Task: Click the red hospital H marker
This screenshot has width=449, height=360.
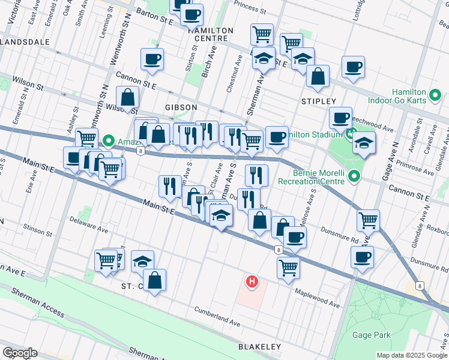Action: [x=252, y=281]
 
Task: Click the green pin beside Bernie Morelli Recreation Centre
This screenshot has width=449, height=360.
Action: [x=354, y=176]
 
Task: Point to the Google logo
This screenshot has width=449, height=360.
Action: [x=20, y=353]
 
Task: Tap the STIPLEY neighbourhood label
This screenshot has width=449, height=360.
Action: [x=318, y=101]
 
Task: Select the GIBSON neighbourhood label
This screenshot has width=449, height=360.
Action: [x=181, y=107]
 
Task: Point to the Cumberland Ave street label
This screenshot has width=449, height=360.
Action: [x=216, y=317]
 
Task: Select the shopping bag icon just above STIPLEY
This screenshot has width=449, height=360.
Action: [x=318, y=76]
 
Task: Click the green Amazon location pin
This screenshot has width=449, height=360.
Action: [x=109, y=141]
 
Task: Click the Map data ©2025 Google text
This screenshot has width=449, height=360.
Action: [x=411, y=355]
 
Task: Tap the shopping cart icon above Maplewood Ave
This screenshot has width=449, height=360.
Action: [x=289, y=266]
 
